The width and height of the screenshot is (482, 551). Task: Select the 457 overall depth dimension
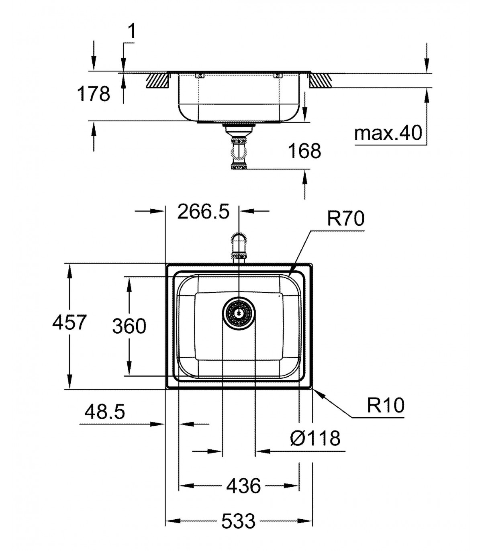pyautogui.click(x=69, y=322)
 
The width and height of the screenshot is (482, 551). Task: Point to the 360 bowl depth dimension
pyautogui.click(x=129, y=326)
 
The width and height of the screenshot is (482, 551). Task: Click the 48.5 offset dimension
pyautogui.click(x=104, y=412)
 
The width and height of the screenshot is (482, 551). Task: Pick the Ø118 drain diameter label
pyautogui.click(x=315, y=438)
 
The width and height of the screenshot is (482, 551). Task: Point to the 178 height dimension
pyautogui.click(x=93, y=94)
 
